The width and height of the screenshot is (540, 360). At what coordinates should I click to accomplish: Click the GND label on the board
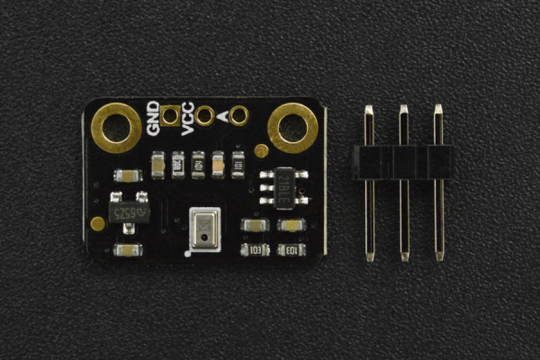tap(154, 119)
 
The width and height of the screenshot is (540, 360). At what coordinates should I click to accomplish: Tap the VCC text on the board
tap(187, 119)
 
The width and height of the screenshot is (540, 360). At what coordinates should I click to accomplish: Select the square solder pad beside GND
tap(170, 115)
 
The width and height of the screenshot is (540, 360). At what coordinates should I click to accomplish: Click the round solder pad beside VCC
tap(204, 115)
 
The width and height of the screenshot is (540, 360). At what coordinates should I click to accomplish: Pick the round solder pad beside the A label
tap(238, 115)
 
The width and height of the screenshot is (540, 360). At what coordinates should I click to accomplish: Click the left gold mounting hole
tap(115, 126)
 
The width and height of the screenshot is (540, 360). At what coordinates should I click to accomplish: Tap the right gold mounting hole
tap(292, 127)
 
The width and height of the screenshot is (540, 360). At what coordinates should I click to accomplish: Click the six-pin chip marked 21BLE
tap(283, 186)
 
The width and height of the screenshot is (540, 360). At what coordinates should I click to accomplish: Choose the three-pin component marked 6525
tap(128, 211)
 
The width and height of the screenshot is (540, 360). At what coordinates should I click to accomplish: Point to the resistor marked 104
tap(198, 164)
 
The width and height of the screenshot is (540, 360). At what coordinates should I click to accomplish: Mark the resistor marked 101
tap(238, 164)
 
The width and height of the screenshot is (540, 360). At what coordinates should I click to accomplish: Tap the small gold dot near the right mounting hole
tap(261, 151)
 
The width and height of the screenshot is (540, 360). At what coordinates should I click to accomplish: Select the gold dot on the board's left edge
tap(97, 223)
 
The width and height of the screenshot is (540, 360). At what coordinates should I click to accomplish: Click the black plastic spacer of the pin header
tap(402, 161)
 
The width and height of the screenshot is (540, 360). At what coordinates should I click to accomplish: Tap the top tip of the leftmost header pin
tap(369, 111)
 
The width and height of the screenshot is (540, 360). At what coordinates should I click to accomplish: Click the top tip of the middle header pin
tap(403, 111)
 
